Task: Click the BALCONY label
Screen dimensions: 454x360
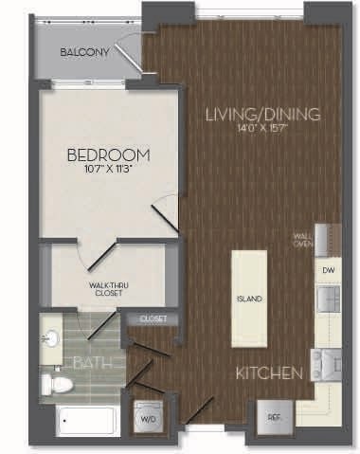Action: (x=90, y=53)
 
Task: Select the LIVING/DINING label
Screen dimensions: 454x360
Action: (x=263, y=115)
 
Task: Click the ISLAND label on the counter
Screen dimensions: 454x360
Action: (x=249, y=300)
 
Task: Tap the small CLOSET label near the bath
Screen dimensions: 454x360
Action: (x=153, y=319)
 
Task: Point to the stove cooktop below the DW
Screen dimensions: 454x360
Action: (x=329, y=363)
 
